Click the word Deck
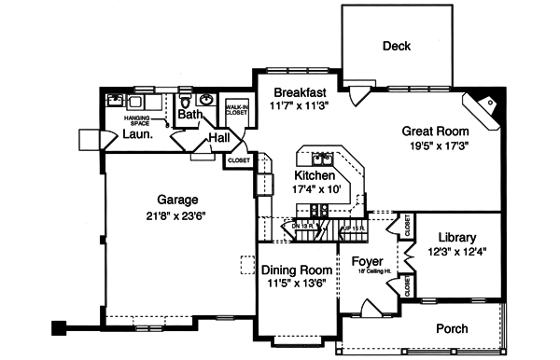pos(397,47)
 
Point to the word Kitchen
pos(315,175)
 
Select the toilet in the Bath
pos(185,101)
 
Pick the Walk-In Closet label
pos(236,112)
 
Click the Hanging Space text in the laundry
pos(137,120)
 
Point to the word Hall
pos(219,138)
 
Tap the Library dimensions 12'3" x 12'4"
pos(456,251)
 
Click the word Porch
pos(453,328)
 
